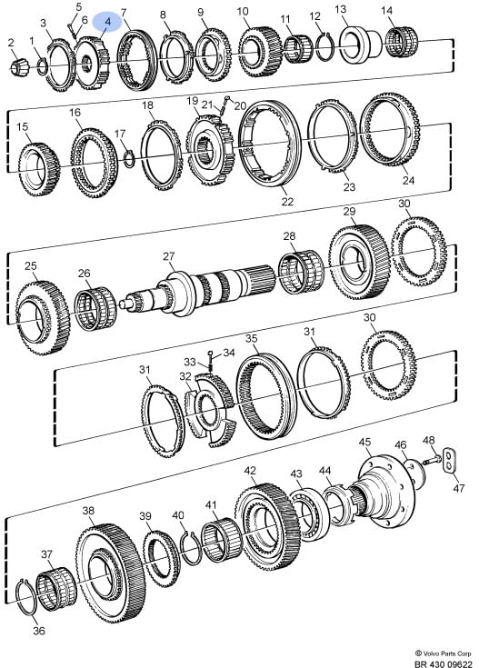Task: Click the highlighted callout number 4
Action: (107, 21)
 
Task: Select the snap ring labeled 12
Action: (325, 46)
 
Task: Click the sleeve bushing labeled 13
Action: (361, 45)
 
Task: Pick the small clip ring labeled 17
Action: (129, 159)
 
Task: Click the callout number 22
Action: (287, 201)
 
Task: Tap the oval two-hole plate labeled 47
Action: (449, 460)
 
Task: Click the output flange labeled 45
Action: (384, 490)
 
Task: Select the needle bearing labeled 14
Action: (402, 41)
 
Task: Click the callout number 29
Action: (349, 211)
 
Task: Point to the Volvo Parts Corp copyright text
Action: (444, 653)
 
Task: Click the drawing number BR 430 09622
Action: (444, 663)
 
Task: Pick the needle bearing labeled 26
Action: (95, 309)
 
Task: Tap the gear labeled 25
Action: (42, 317)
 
